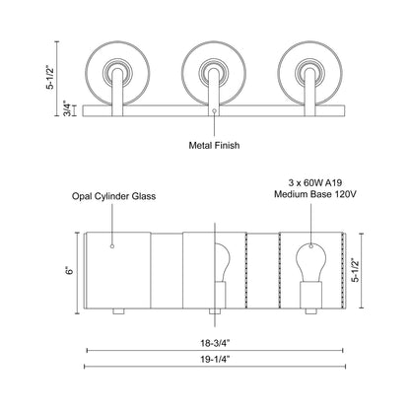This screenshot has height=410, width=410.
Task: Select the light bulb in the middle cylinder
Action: point(226,269)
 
